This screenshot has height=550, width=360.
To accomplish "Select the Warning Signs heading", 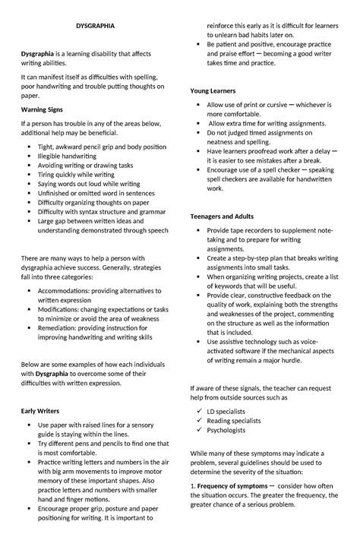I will pos(42,110).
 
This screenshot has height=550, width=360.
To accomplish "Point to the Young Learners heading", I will pos(213,90).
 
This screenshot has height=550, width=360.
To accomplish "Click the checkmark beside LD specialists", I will pos(198,411).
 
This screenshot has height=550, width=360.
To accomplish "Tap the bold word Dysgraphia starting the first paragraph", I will pos(37,55).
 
